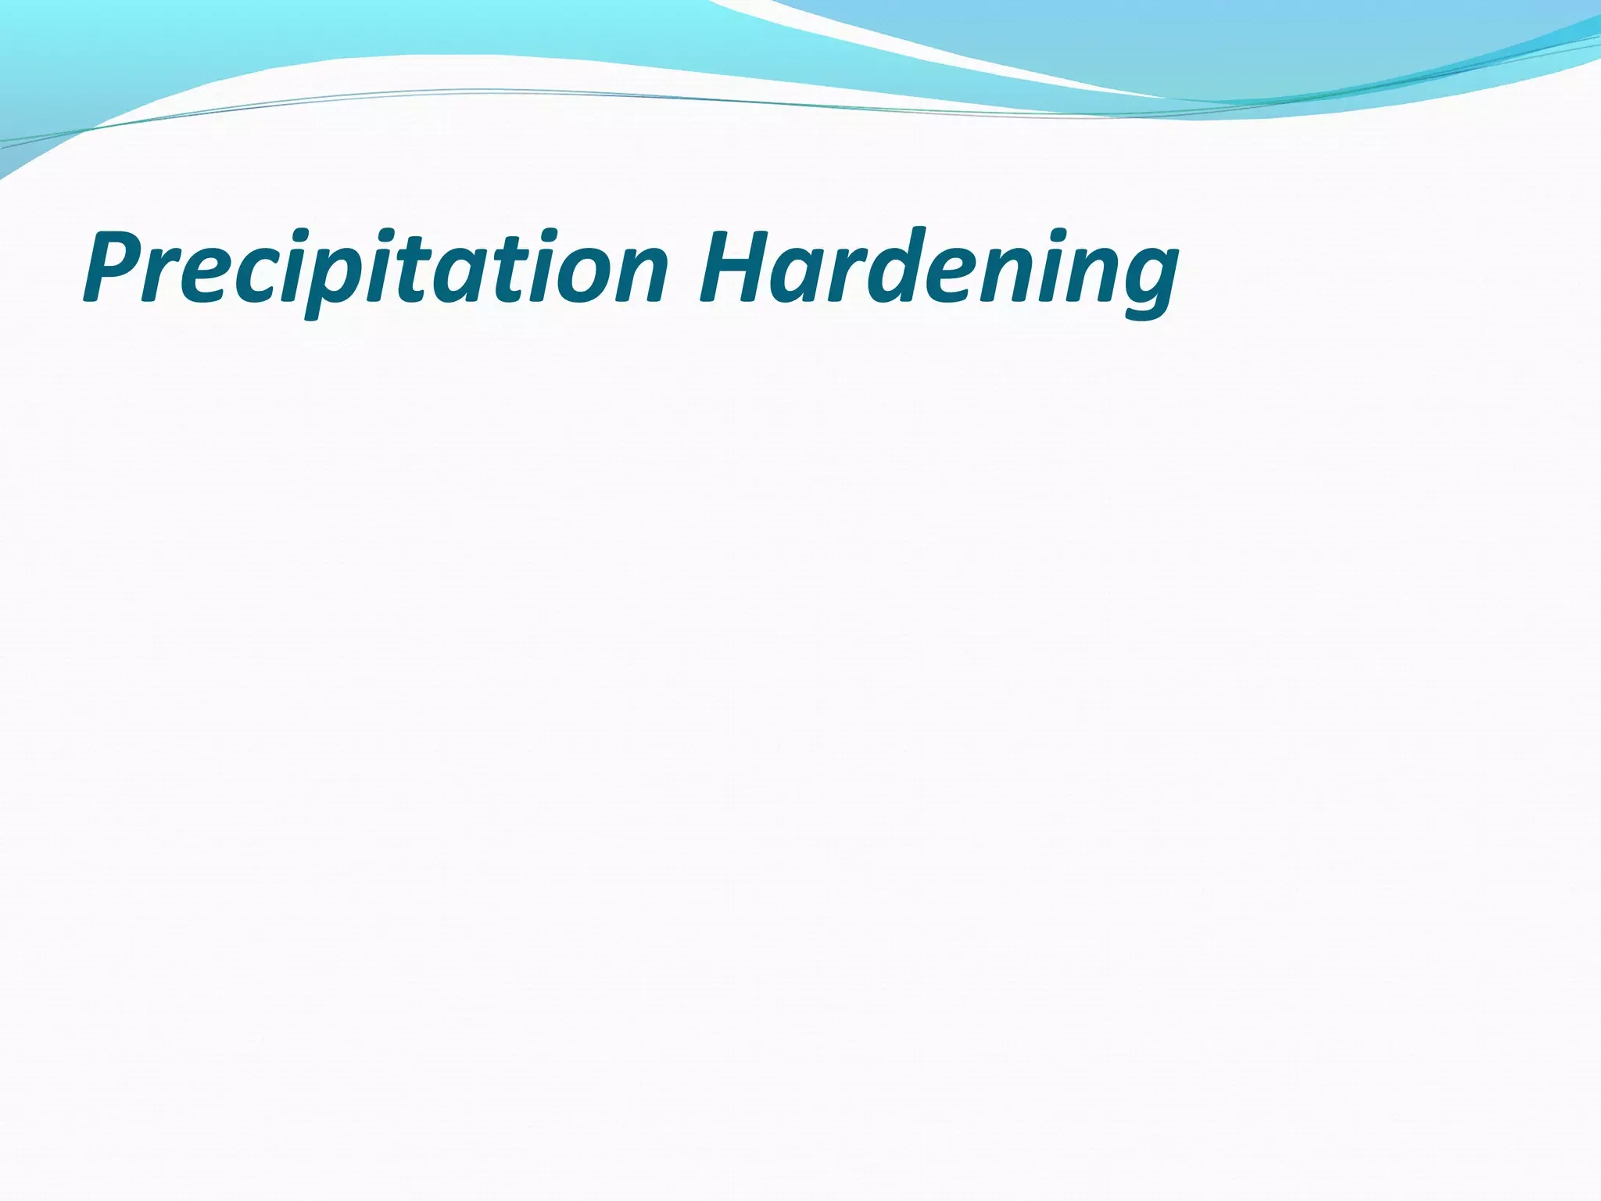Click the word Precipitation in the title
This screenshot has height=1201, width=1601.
(375, 270)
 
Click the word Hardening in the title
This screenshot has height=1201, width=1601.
(938, 270)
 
